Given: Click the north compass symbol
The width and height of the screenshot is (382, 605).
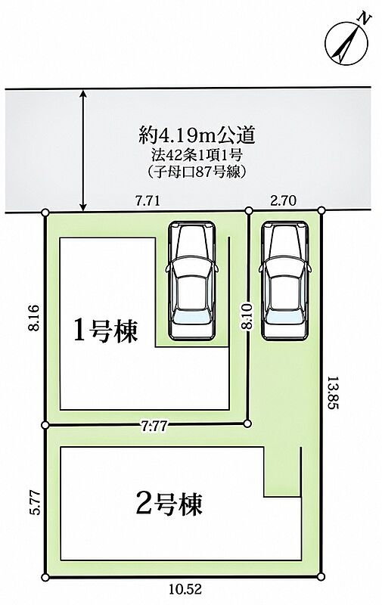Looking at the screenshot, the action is point(346,42).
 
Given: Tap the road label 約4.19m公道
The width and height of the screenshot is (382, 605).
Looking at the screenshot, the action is point(197,135).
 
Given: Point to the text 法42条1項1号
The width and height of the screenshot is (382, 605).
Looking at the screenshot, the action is point(197,155).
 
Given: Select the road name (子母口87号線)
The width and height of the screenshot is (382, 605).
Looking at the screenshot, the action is point(197,172).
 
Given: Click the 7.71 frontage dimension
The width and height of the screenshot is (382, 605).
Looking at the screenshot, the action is point(148,201).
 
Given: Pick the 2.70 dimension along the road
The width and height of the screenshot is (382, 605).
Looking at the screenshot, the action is point(283,200).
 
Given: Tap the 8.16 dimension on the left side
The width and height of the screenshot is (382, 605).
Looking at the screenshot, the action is point(33,318).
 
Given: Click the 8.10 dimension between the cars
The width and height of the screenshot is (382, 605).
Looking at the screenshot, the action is point(247,315).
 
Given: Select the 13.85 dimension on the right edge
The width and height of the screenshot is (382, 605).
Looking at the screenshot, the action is point(333,392).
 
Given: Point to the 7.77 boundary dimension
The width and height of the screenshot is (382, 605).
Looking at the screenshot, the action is point(154,427).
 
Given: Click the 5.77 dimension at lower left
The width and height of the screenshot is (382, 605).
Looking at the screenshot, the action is point(36,502).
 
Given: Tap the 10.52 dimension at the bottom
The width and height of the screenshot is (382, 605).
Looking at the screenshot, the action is point(185,589).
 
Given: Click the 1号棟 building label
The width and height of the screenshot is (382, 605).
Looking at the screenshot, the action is point(105,331).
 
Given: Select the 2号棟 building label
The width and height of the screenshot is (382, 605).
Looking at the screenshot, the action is point(169,503).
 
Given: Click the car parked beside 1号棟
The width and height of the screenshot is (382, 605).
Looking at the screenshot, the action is point(191,281).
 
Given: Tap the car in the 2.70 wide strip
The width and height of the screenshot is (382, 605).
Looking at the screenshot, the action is point(285,281).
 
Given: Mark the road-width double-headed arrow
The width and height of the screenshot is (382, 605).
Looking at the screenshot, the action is point(82,150).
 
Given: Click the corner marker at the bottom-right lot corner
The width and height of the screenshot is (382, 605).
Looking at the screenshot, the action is point(321,577).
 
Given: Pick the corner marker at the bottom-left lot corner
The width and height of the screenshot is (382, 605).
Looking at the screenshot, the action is point(45,578).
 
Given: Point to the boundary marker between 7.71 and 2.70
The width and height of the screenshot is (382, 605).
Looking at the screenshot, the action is point(249,210).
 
